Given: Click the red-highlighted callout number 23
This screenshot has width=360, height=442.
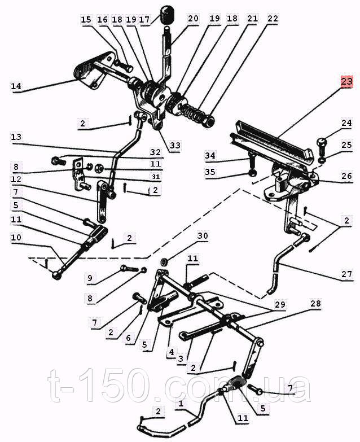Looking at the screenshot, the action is (x=347, y=82).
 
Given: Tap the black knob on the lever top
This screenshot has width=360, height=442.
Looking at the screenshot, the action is (x=167, y=15).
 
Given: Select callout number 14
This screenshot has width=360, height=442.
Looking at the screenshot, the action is (x=16, y=86).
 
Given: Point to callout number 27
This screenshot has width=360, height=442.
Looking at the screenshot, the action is (x=346, y=274).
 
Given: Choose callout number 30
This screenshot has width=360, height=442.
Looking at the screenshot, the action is (x=202, y=236).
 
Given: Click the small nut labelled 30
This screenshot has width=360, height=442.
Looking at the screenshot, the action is (x=164, y=262).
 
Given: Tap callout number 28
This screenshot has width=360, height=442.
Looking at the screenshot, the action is (x=316, y=304).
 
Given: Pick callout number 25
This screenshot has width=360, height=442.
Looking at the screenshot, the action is (x=346, y=145).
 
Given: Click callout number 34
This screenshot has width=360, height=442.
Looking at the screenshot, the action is (x=210, y=156).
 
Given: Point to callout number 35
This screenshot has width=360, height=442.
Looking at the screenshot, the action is (x=210, y=172).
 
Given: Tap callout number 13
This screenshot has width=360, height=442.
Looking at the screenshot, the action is (x=16, y=137).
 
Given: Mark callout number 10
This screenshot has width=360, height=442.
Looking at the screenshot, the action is (x=16, y=238).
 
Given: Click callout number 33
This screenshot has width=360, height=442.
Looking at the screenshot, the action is (x=175, y=146).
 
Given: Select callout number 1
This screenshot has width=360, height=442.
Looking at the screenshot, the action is (x=181, y=404).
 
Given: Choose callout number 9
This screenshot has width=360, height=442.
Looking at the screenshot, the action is (x=90, y=278).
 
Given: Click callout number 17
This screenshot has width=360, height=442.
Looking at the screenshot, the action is (x=144, y=20).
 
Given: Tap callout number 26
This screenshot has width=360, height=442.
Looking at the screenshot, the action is (x=346, y=176).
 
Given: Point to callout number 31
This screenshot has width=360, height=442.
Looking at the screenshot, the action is (x=156, y=177).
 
